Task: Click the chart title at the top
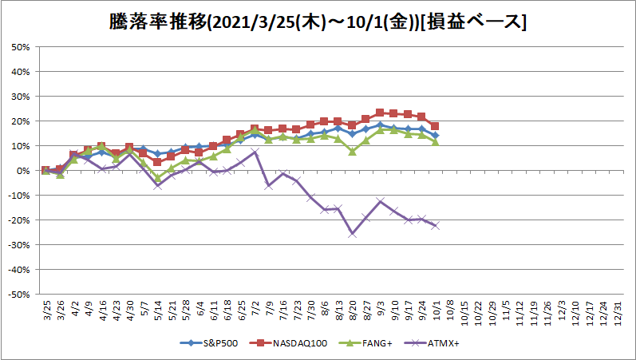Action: [318, 22]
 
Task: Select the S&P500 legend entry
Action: [209, 343]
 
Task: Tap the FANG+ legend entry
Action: [365, 343]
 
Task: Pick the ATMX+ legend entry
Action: [432, 343]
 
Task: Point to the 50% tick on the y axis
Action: [21, 47]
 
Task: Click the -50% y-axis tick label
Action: [19, 295]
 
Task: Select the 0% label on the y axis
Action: [22, 171]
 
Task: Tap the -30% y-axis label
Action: [19, 245]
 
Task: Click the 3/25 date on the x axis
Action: [46, 311]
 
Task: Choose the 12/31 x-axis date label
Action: [618, 311]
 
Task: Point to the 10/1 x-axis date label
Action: [436, 311]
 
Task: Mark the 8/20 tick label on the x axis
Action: [352, 311]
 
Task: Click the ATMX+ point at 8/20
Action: [352, 234]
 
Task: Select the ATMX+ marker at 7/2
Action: [255, 152]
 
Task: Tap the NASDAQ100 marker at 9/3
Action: [380, 113]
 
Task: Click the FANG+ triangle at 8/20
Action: [352, 152]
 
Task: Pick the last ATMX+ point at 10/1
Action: [435, 226]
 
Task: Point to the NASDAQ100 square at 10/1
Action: [435, 126]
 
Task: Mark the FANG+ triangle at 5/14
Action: [158, 177]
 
